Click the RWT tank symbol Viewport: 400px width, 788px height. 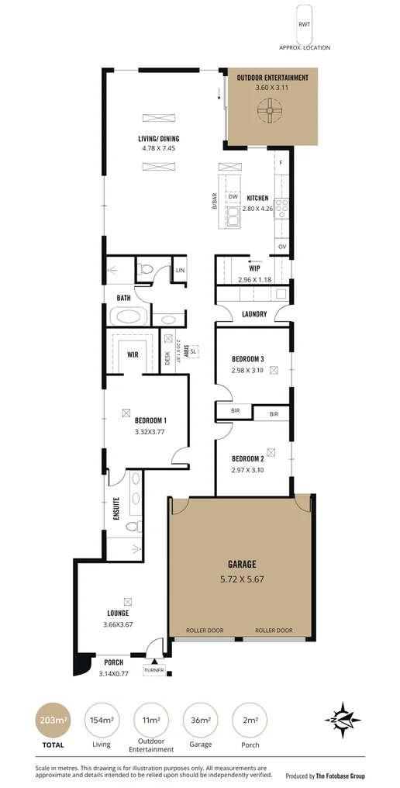point(305,24)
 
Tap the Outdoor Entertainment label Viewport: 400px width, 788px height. point(272,78)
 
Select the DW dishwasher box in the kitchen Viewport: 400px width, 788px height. point(233,197)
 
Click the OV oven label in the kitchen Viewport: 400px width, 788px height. point(282,247)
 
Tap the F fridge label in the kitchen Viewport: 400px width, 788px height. point(281,163)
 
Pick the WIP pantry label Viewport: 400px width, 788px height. point(253,269)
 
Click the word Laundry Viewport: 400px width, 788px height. point(254,314)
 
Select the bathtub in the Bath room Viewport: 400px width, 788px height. point(127,316)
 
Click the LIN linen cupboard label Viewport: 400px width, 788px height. point(180,270)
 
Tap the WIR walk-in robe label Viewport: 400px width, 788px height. point(133,354)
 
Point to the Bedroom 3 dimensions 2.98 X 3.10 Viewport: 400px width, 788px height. point(248,370)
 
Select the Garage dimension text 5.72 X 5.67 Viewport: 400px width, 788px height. point(241,578)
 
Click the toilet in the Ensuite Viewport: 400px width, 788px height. point(133,527)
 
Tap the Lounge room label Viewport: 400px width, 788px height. point(118,613)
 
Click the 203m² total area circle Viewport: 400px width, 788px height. point(53,721)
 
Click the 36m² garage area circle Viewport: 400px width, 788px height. point(199,721)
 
